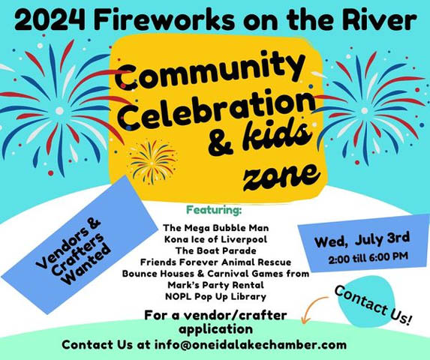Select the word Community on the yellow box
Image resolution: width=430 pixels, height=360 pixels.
206,76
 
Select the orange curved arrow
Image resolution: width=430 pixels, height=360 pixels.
313,309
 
